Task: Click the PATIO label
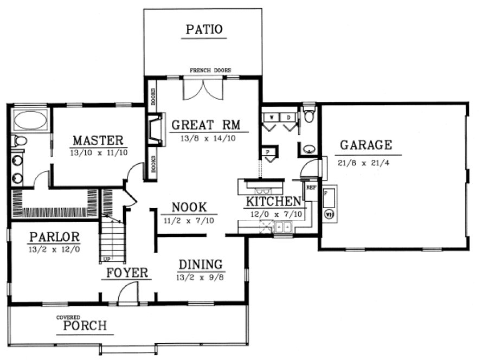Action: click(x=204, y=29)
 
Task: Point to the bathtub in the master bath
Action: click(x=30, y=120)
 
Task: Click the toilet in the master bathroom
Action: click(x=20, y=142)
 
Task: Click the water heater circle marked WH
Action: click(x=329, y=214)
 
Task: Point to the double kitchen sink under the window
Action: click(x=282, y=227)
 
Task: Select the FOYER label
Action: click(x=126, y=272)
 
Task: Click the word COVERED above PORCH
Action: click(x=69, y=317)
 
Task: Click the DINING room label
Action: click(x=201, y=265)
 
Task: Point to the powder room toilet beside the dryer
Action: click(x=309, y=115)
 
